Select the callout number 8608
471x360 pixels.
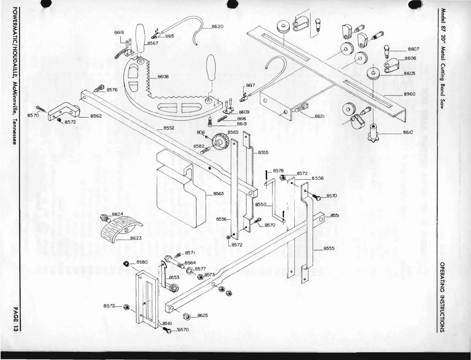(163, 77)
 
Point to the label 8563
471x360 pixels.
(218, 194)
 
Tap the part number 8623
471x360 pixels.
(136, 238)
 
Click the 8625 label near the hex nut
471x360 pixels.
(203, 315)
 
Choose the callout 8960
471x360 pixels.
(409, 94)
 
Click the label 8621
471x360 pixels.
(320, 116)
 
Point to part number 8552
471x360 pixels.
(169, 128)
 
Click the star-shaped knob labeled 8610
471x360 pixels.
(373, 133)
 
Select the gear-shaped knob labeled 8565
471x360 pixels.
(219, 141)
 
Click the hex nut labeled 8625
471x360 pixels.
(187, 316)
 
